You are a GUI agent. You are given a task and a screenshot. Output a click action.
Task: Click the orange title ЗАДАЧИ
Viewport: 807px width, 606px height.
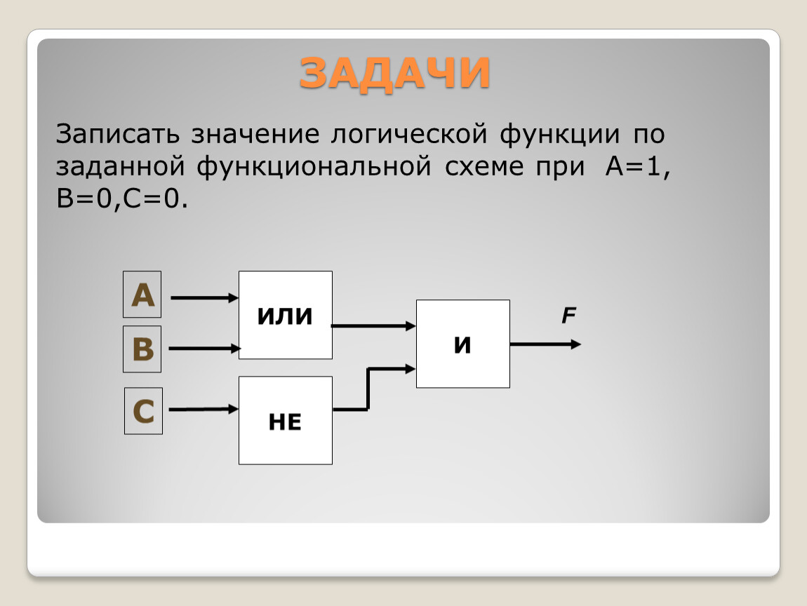394,73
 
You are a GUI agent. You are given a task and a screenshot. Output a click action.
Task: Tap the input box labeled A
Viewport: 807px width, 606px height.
142,295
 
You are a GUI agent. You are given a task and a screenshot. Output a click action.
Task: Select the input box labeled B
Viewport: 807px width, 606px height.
142,349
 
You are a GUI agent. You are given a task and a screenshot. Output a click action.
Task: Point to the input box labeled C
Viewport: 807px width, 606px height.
143,411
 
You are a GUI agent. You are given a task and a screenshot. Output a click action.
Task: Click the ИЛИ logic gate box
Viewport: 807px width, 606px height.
286,315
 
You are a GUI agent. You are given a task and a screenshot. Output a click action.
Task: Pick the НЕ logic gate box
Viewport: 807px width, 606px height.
286,420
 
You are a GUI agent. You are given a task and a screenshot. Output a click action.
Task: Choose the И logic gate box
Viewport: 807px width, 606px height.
463,344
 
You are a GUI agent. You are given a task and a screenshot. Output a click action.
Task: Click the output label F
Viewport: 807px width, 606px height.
568,315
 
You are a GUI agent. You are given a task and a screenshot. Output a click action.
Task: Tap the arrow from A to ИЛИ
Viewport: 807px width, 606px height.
204,297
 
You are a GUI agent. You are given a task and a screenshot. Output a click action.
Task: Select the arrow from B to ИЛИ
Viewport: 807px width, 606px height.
204,349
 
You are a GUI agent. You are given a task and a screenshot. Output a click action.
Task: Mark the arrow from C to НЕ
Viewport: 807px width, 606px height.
204,409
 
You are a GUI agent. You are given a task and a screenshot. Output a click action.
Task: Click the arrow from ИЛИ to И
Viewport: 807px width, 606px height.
373,325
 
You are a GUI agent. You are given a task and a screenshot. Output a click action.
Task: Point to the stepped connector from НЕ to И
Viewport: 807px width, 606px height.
368,389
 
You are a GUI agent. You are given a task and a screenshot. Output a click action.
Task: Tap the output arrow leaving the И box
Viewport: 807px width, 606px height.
545,344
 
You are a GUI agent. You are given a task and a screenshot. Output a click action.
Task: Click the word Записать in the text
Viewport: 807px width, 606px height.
118,134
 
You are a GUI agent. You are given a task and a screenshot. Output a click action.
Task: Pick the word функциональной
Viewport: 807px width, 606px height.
314,167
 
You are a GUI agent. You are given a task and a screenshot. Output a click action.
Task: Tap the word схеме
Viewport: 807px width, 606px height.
484,167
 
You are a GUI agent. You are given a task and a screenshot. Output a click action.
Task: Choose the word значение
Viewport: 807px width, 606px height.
255,135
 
